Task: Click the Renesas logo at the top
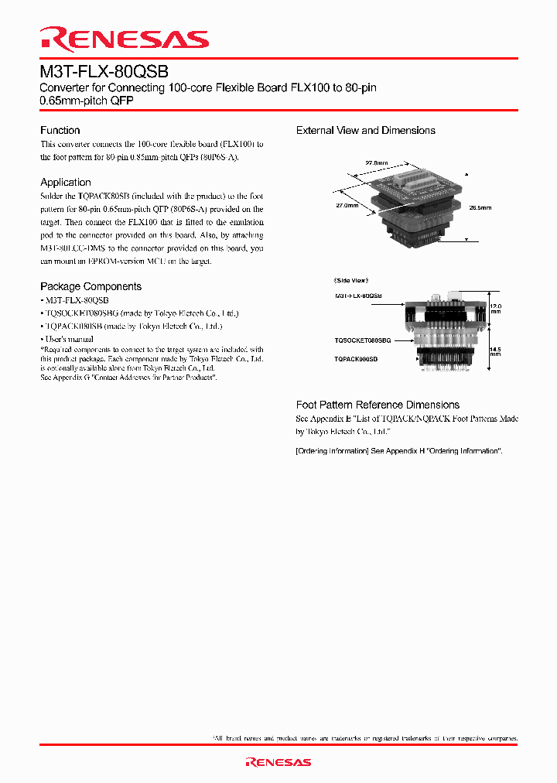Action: pos(125,39)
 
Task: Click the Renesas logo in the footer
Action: pos(278,762)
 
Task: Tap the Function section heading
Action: pos(60,131)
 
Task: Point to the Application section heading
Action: pos(66,183)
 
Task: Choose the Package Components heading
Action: pos(91,286)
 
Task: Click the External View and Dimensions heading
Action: pos(365,131)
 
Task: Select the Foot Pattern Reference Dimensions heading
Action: pos(378,405)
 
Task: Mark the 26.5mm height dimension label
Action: pos(480,207)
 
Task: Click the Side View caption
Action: pos(351,280)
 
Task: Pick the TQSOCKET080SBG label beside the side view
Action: pos(363,340)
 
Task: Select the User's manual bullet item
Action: pos(69,340)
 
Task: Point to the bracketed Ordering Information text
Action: pos(399,451)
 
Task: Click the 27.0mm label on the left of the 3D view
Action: pos(347,206)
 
